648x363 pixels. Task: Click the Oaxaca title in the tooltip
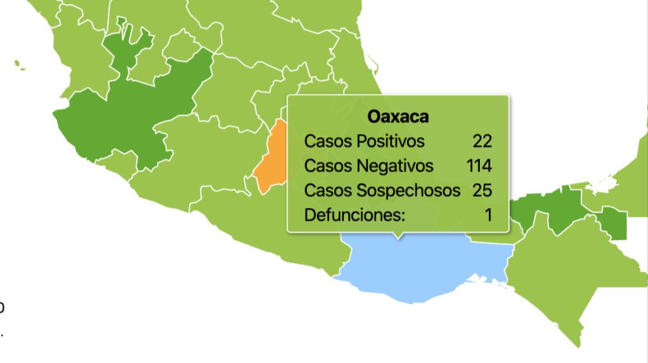(398, 117)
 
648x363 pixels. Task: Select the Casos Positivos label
(364, 141)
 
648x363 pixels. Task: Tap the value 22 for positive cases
(482, 141)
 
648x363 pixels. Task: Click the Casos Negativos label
(369, 166)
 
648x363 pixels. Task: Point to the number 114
(479, 166)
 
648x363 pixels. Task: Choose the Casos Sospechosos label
(382, 190)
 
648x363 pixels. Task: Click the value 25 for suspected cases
(482, 190)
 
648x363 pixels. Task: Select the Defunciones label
(355, 215)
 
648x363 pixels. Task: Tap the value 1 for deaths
(488, 215)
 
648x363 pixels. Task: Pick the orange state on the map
(272, 156)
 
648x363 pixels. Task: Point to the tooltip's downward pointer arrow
(399, 235)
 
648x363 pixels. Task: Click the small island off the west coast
(19, 65)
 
